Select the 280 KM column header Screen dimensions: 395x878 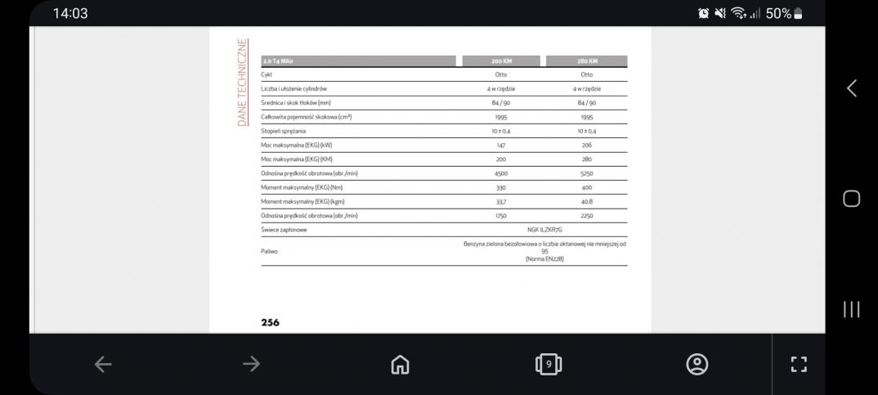click(586, 61)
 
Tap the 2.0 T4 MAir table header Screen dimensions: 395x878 click(278, 61)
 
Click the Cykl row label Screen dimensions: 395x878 click(267, 74)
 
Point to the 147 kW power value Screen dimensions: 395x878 click(501, 145)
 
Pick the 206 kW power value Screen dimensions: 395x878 click(586, 145)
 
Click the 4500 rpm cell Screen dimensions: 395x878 click(501, 173)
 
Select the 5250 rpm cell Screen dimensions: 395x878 click(586, 173)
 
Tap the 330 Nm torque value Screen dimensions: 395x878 click(501, 187)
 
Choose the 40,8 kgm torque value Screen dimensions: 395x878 click(586, 201)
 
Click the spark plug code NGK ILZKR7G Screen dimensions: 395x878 click(544, 230)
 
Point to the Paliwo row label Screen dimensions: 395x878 click(269, 251)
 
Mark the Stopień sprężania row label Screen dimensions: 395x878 click(284, 131)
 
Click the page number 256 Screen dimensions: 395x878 click(270, 322)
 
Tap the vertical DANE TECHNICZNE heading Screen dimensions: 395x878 click(243, 83)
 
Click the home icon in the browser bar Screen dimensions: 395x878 click(400, 364)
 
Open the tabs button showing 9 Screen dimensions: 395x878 click(549, 364)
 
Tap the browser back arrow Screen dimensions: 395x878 click(103, 364)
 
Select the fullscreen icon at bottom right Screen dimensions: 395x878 click(799, 364)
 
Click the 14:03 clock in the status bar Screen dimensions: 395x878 click(70, 13)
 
